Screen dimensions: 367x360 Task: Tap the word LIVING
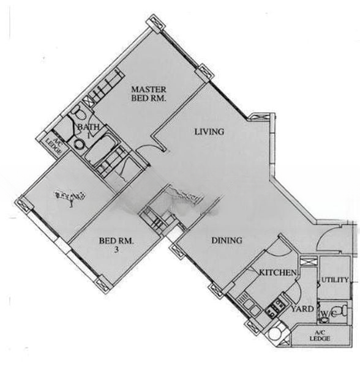(x=209, y=132)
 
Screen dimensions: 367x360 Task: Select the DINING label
(x=227, y=240)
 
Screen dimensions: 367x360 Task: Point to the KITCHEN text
(x=278, y=272)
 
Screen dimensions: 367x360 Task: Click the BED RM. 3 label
(x=116, y=245)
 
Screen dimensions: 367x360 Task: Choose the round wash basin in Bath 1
(x=78, y=144)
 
